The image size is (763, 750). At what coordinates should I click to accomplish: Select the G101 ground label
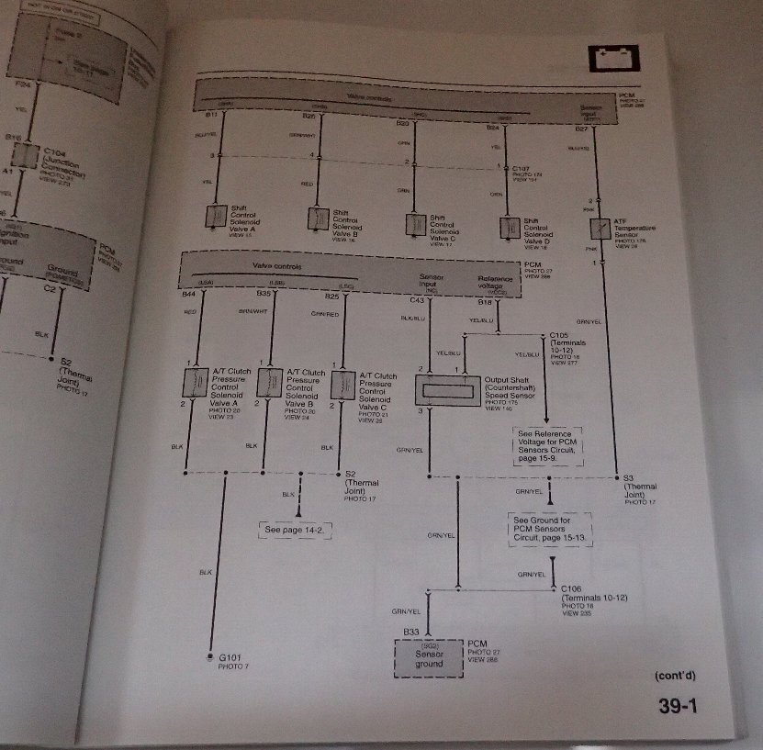click(x=223, y=658)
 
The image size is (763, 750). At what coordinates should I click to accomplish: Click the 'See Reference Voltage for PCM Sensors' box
click(x=548, y=445)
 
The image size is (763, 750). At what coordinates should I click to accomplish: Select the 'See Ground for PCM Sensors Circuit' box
click(x=550, y=531)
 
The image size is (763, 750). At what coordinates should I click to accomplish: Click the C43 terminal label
click(x=418, y=299)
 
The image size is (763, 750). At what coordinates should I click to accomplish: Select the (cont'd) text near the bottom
click(x=675, y=677)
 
